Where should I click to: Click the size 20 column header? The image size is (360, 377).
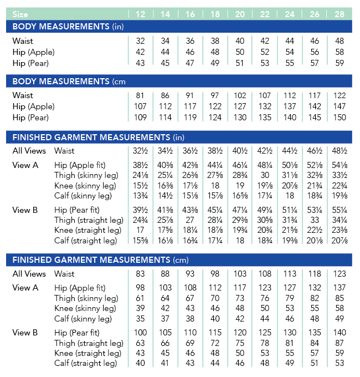[240, 14]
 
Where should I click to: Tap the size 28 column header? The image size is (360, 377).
[340, 14]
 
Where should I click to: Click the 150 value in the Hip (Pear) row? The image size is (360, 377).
[340, 118]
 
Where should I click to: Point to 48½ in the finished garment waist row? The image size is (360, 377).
[340, 151]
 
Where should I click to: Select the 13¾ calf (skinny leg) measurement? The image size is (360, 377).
[140, 196]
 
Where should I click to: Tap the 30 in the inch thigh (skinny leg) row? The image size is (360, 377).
[265, 176]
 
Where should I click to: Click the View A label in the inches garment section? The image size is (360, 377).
[25, 165]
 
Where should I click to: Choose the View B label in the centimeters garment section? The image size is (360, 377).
[25, 333]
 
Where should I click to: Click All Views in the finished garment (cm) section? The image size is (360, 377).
[29, 274]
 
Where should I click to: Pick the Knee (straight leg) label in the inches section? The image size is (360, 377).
[88, 230]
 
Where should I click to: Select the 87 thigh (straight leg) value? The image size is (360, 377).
[340, 343]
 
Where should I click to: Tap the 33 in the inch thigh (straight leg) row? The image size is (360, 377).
[315, 220]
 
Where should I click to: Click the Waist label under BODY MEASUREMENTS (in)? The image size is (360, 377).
[23, 41]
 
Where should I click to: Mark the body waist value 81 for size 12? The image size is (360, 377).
[140, 95]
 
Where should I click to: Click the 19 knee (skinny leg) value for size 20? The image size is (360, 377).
[240, 186]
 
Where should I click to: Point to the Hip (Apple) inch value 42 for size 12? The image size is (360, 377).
[140, 52]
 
